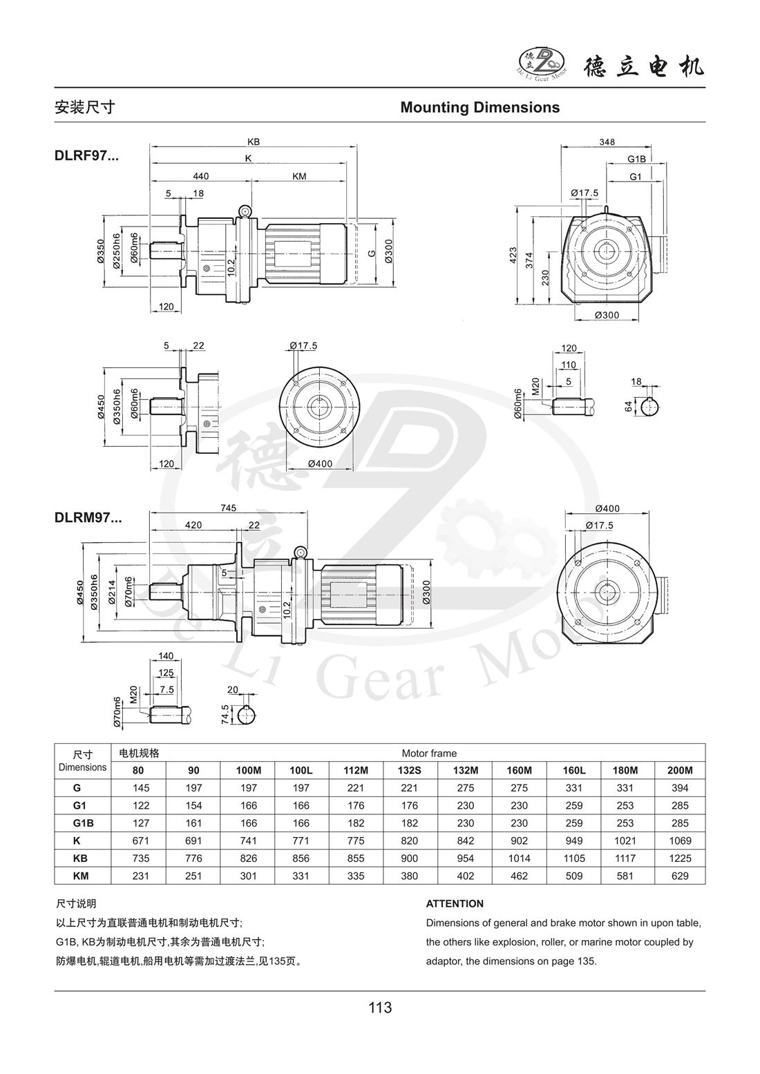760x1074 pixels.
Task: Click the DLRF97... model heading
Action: click(86, 156)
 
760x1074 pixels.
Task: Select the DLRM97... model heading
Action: click(88, 518)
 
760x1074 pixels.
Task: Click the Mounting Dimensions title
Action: click(480, 108)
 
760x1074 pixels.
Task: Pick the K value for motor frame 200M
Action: click(680, 841)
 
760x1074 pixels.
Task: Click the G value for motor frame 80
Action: click(141, 788)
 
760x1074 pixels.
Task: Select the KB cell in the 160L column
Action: click(574, 859)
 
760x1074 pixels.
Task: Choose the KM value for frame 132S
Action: click(409, 876)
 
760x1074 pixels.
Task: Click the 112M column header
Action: click(356, 771)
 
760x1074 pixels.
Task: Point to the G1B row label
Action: click(83, 823)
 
